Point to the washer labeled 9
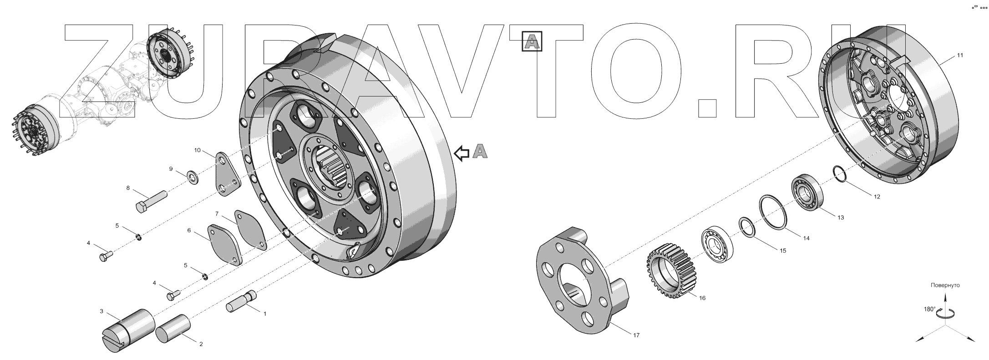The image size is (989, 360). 193,177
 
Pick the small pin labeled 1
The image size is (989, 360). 241,301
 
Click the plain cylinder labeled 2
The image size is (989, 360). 173,331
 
